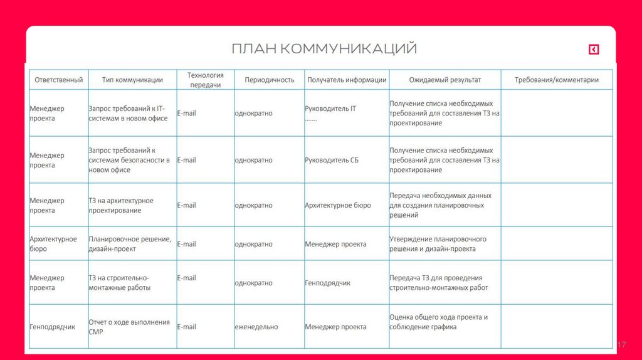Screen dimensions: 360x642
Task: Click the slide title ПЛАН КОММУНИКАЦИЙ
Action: pyautogui.click(x=324, y=49)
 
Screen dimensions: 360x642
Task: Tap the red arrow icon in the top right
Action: pyautogui.click(x=594, y=50)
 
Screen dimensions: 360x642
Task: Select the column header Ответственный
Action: pyautogui.click(x=59, y=80)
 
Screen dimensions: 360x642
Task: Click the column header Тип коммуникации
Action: pyautogui.click(x=132, y=80)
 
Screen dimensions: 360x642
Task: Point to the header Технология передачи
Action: pyautogui.click(x=206, y=80)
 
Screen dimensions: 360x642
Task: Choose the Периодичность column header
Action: pyautogui.click(x=270, y=80)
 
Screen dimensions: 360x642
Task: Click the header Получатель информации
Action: pyautogui.click(x=347, y=80)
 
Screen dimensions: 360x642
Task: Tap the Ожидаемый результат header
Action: pyautogui.click(x=445, y=80)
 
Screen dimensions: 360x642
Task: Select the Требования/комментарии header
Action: pyautogui.click(x=557, y=80)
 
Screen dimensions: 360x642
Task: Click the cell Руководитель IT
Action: pyautogui.click(x=330, y=109)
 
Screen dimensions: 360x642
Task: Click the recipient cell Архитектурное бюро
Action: pyautogui.click(x=338, y=205)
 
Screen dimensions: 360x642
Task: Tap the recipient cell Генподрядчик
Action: pyautogui.click(x=328, y=283)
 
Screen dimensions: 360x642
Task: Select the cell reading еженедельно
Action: pyautogui.click(x=256, y=327)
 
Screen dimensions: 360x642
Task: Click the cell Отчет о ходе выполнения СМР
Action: pyautogui.click(x=129, y=327)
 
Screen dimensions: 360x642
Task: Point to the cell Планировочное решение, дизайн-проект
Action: pyautogui.click(x=130, y=244)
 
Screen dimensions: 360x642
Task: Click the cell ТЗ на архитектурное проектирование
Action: pyautogui.click(x=121, y=205)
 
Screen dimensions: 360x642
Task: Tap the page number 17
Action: pyautogui.click(x=622, y=345)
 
